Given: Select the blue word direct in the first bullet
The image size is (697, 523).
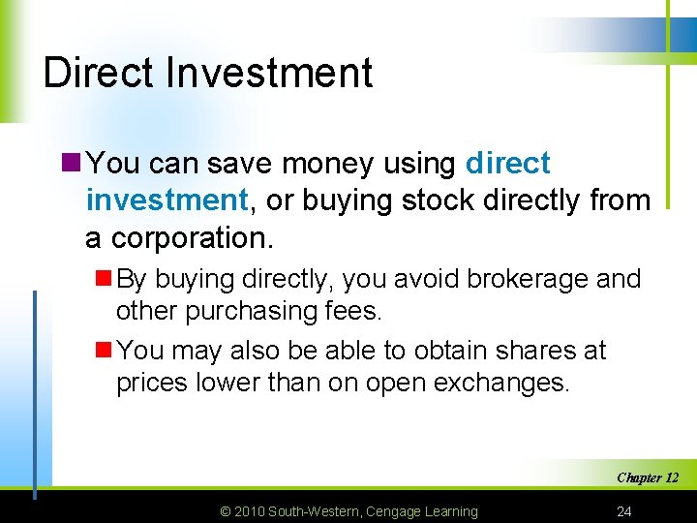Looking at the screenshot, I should click(x=507, y=164).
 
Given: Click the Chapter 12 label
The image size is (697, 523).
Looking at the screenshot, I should click(x=647, y=477).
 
